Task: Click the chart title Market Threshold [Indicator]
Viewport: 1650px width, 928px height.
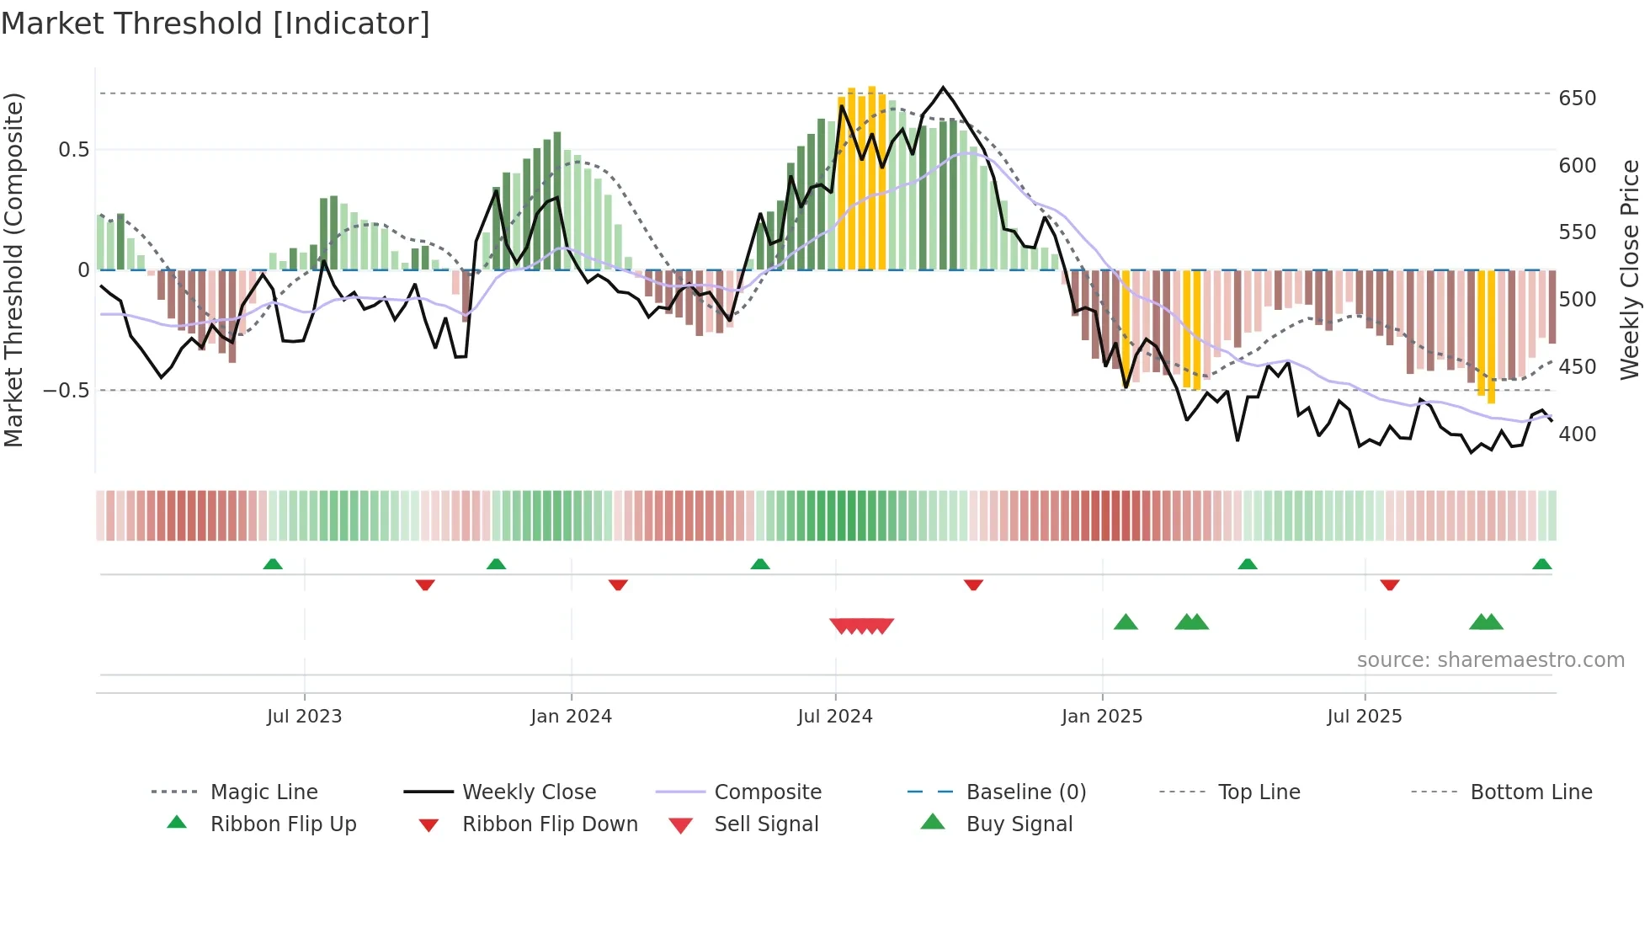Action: (216, 24)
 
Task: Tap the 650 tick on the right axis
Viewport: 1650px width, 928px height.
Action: (1577, 99)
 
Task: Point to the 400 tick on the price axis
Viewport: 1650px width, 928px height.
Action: (1577, 435)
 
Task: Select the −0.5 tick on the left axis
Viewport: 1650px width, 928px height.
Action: (66, 391)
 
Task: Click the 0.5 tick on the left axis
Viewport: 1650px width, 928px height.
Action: (73, 150)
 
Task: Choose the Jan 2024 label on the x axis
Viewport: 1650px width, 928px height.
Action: (571, 717)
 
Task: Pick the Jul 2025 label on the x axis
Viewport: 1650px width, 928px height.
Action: (1364, 717)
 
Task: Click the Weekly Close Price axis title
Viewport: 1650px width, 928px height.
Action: (1630, 269)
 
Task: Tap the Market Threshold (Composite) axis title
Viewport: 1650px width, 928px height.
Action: (14, 269)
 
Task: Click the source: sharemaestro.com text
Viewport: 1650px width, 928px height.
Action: (1490, 660)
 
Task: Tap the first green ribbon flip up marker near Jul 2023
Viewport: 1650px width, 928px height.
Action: (273, 564)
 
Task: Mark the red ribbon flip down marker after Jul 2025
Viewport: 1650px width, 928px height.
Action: (1390, 584)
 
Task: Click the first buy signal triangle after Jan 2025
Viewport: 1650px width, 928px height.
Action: (1126, 622)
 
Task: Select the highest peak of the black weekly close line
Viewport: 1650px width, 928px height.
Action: (943, 88)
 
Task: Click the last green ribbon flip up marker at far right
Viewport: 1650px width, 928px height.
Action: (1541, 564)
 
